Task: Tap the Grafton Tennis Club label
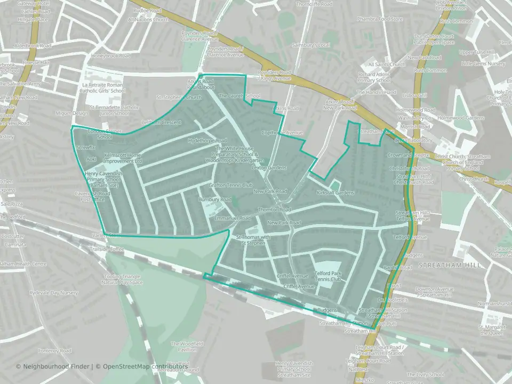click(230, 185)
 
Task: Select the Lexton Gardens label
click(269, 167)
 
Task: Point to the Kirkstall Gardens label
click(335, 192)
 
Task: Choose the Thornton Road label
click(274, 210)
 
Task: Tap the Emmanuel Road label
click(232, 219)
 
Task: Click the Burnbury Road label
click(214, 199)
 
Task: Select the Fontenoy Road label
click(54, 351)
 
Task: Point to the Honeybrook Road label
click(110, 55)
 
